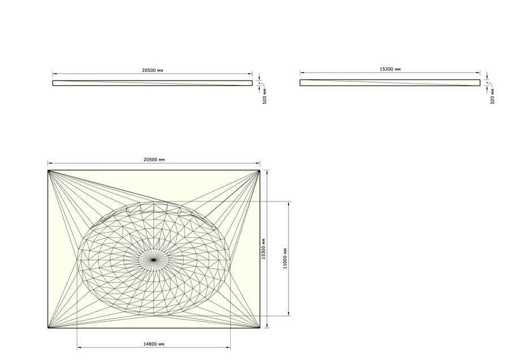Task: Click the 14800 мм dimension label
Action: coord(154,344)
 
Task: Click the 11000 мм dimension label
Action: coord(285,259)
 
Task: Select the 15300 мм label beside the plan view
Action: coord(264,249)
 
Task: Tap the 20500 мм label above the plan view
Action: coord(154,160)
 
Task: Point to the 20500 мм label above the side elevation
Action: coord(153,70)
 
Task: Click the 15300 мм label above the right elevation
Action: coord(390,69)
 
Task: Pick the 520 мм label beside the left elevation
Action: coord(265,96)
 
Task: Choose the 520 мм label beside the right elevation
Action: coord(493,96)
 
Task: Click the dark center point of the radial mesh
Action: coord(153,260)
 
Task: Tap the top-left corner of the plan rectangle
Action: coord(48,170)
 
